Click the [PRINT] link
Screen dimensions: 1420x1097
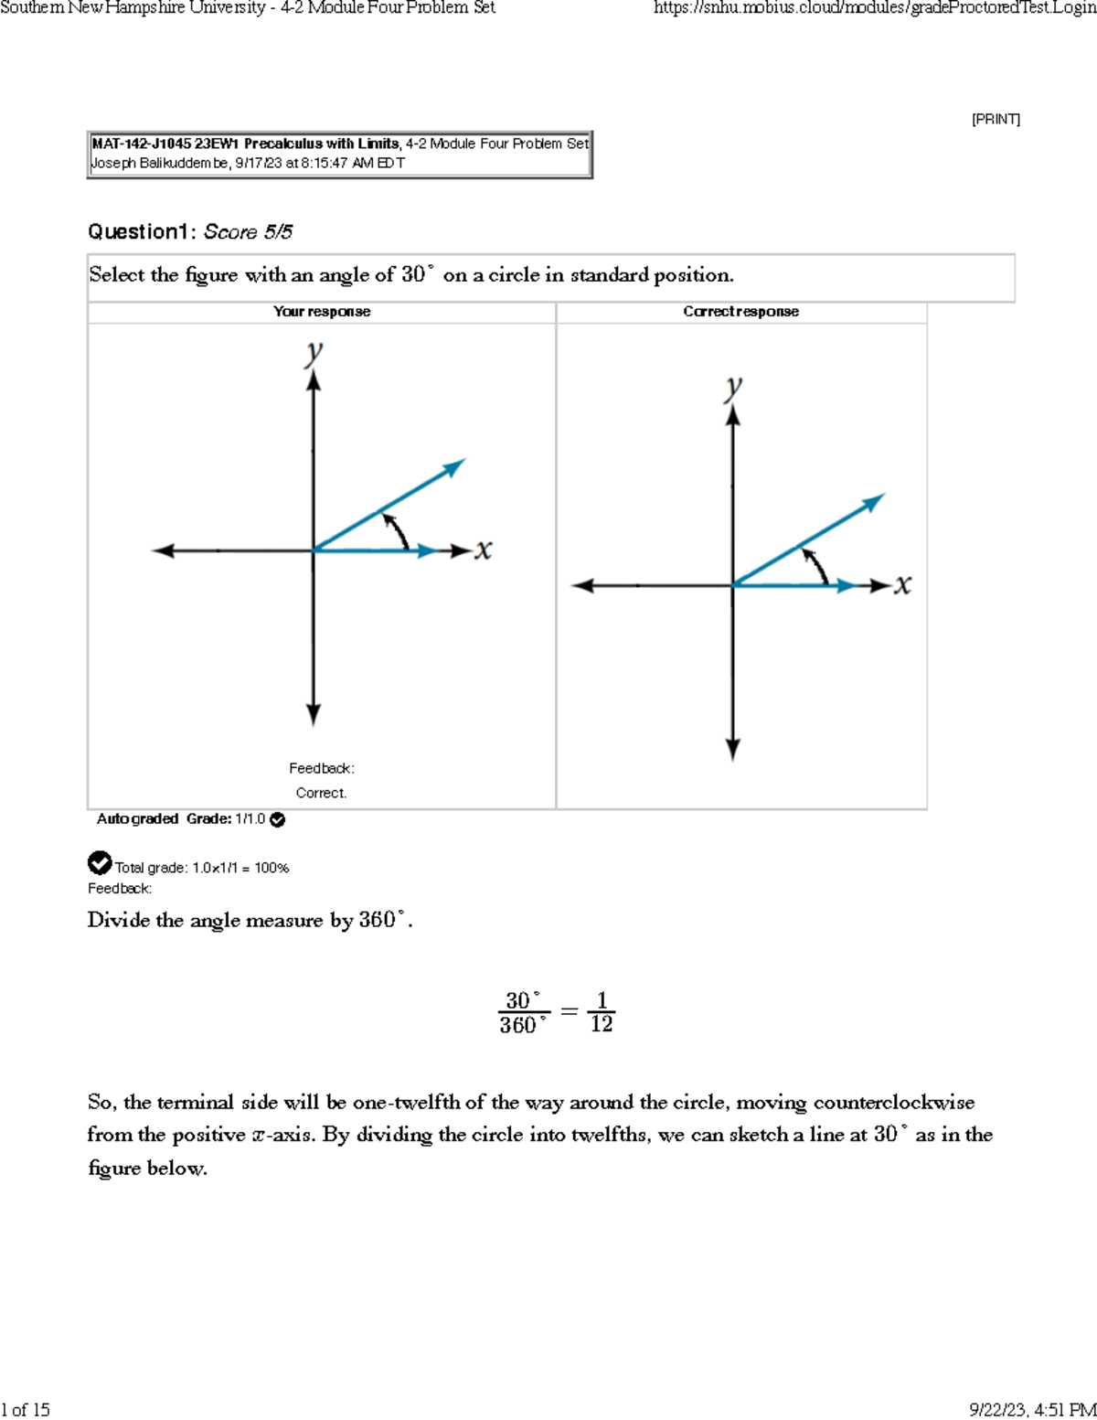coord(996,119)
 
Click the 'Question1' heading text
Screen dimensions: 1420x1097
coord(139,232)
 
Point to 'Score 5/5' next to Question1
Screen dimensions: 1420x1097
coord(248,232)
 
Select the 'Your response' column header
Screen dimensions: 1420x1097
coord(322,312)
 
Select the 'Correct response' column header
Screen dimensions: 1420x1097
coord(740,312)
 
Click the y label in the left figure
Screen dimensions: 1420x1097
coord(314,352)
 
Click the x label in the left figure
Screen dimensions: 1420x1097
coord(484,550)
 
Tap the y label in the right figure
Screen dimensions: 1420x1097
coord(733,387)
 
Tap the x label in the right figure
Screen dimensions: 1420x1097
coord(903,584)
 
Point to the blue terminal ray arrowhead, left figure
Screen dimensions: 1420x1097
coord(454,467)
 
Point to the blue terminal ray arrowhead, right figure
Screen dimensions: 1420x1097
coord(874,502)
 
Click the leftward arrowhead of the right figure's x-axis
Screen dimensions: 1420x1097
coord(583,585)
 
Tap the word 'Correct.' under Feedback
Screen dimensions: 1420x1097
coord(321,793)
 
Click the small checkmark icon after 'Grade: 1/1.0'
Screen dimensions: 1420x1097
coord(278,819)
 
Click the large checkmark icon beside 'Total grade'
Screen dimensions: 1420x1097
coord(100,862)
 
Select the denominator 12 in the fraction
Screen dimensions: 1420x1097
coord(602,1024)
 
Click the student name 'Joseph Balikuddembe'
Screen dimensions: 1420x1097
coord(160,163)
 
